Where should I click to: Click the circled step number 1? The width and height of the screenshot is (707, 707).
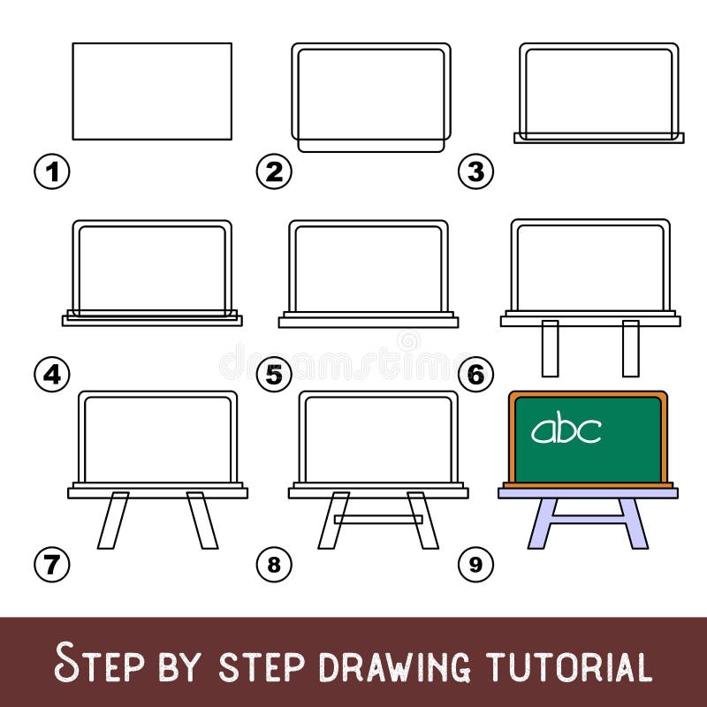click(x=52, y=171)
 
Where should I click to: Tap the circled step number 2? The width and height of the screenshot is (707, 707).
click(x=274, y=171)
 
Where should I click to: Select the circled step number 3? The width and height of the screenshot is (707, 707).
click(x=475, y=171)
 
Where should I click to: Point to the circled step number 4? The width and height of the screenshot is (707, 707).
click(x=52, y=374)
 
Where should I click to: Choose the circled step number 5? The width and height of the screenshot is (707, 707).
click(x=274, y=374)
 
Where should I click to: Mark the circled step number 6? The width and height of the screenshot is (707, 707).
click(x=475, y=374)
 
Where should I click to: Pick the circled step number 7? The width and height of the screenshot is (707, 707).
click(x=52, y=562)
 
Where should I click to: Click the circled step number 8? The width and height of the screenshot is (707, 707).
click(x=274, y=562)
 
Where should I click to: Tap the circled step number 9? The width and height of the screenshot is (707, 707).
click(x=475, y=562)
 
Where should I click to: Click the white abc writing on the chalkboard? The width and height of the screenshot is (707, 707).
click(x=566, y=430)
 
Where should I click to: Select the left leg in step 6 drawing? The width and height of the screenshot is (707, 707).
click(x=550, y=348)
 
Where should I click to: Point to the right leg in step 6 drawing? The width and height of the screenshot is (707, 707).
click(x=630, y=348)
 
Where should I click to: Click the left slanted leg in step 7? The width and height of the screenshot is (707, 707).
click(x=113, y=521)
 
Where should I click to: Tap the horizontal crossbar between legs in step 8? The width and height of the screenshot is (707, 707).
click(x=378, y=519)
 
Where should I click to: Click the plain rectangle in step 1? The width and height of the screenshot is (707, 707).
click(x=152, y=91)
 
